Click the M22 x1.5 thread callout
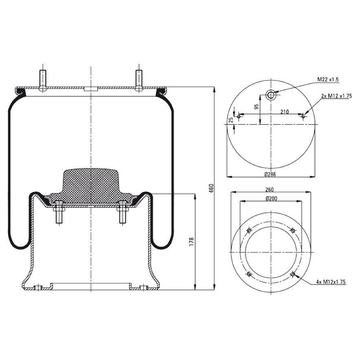(328, 79)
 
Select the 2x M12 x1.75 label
(336, 96)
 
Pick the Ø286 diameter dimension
(271, 174)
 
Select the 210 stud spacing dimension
(284, 112)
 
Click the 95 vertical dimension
(257, 107)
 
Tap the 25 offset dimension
(231, 120)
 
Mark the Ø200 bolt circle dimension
(271, 198)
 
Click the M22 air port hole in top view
(271, 95)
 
